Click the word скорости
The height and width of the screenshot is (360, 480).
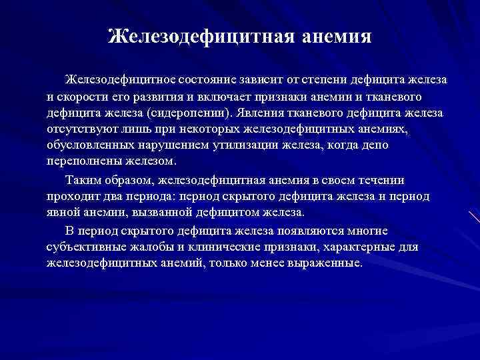pos(85,97)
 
